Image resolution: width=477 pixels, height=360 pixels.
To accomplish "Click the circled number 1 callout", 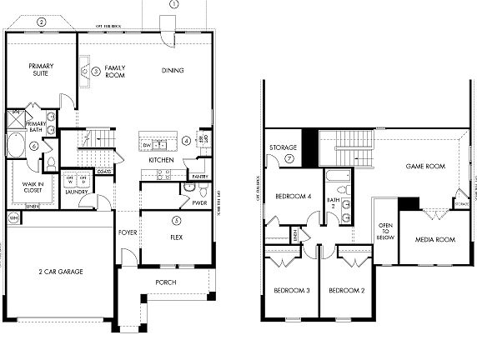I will (173, 4).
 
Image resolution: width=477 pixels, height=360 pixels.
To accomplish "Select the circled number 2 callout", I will (41, 22).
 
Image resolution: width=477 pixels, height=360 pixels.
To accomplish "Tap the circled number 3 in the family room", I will (96, 72).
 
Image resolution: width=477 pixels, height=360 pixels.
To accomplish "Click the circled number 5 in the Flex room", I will (176, 220).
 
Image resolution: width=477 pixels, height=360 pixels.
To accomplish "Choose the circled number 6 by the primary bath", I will (33, 146).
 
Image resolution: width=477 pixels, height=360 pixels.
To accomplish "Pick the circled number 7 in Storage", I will (289, 157).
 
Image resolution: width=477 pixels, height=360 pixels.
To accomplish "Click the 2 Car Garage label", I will (59, 271).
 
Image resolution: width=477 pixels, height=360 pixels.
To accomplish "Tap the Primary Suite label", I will (41, 69).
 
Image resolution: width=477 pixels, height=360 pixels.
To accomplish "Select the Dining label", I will (173, 70).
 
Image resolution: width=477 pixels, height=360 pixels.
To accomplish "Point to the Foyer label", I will (128, 232).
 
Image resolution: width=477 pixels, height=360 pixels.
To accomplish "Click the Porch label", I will (166, 282).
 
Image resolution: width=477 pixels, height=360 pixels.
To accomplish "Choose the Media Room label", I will (434, 239).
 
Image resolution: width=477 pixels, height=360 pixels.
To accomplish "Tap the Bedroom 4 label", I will (292, 196).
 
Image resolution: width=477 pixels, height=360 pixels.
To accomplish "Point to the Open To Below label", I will (386, 231).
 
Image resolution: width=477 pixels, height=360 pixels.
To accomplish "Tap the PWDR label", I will (199, 202).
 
